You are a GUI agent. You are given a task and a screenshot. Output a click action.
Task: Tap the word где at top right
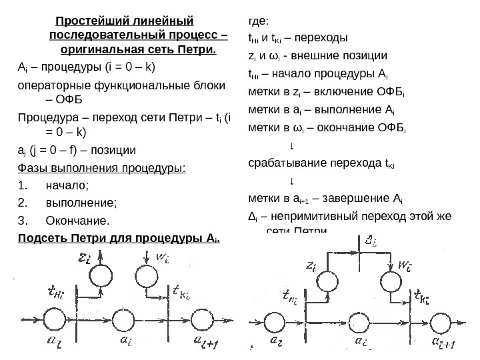pos(255,20)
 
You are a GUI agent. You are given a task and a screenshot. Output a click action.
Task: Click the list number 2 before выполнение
pos(23,202)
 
